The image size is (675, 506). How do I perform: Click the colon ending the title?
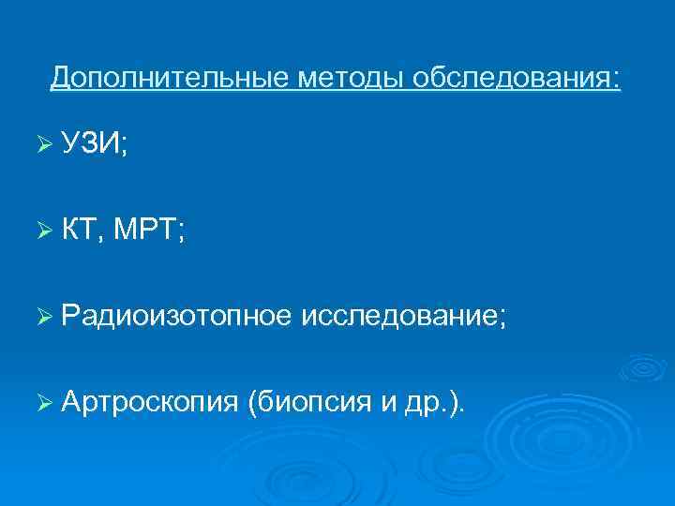(616, 78)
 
